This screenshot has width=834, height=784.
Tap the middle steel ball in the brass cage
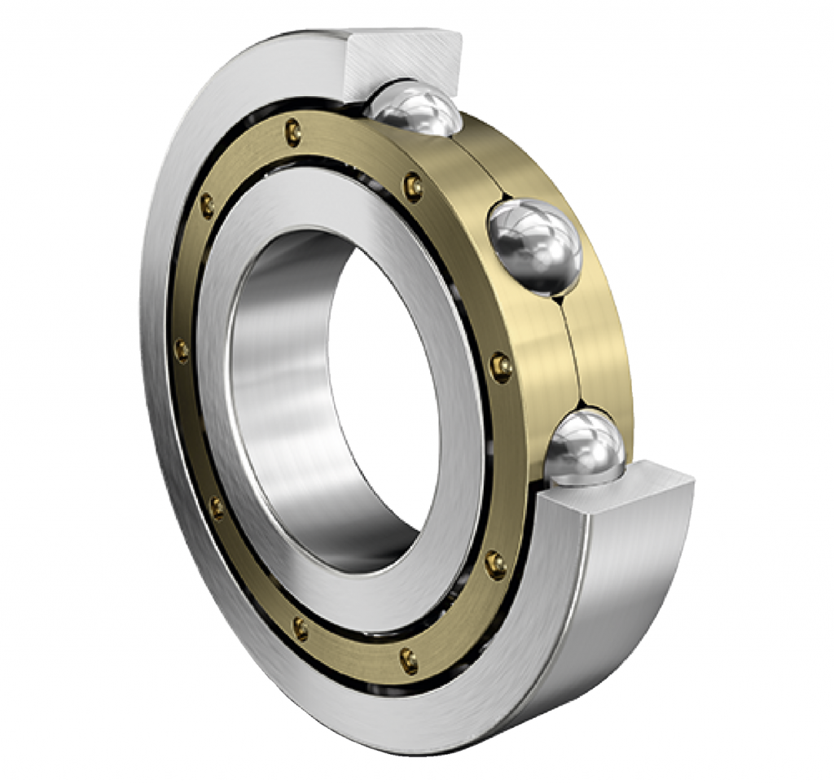(x=534, y=245)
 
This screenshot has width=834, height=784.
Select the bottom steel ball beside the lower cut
(x=584, y=447)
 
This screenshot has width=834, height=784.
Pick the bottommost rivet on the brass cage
(x=409, y=659)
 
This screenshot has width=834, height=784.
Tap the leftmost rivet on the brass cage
(x=182, y=351)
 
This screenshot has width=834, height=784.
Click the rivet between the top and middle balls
(x=414, y=188)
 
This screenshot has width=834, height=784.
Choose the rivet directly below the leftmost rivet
(x=216, y=507)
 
